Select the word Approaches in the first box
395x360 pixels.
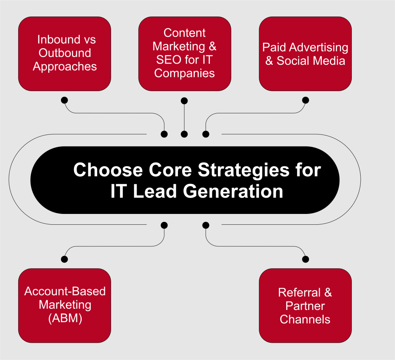tap(65, 66)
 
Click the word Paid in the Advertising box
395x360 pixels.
tap(273, 47)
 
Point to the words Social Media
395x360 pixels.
tap(311, 61)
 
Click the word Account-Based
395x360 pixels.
tap(65, 291)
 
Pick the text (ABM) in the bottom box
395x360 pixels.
tap(65, 318)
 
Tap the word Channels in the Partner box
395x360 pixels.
tap(305, 319)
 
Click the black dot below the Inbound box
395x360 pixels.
tap(64, 100)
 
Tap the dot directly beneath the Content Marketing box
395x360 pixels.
tap(184, 101)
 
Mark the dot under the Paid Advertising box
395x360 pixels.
tap(306, 100)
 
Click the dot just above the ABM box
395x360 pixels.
tap(64, 259)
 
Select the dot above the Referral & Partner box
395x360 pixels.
tap(306, 259)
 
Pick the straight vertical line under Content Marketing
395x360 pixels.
tap(184, 118)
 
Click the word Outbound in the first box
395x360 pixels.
tap(65, 53)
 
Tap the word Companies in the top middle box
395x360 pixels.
tap(184, 73)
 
